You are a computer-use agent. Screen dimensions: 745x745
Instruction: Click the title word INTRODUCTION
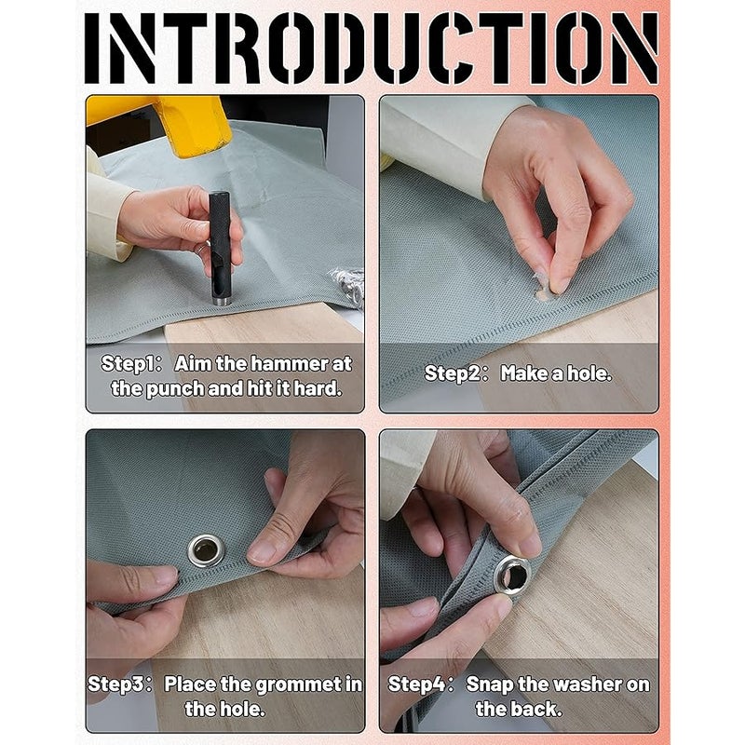coord(372,48)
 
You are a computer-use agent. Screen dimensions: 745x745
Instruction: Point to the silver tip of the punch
coord(222,301)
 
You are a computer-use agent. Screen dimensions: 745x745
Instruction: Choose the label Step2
coord(453,373)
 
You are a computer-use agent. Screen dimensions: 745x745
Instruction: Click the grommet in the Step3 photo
coord(205,550)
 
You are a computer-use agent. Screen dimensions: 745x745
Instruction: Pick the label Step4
coord(416,684)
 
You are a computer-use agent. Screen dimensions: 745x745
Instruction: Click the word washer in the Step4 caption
coord(589,684)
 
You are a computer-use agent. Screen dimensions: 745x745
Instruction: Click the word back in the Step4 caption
coord(538,710)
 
